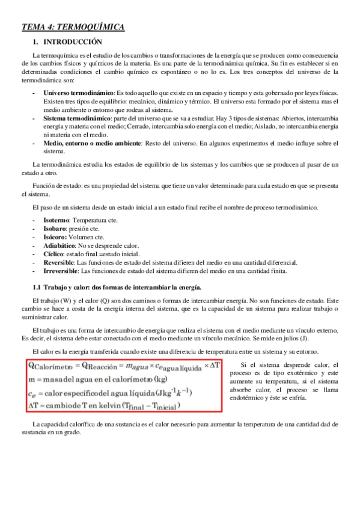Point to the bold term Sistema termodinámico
76,119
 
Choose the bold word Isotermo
56,221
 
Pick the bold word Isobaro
55,229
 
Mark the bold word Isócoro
56,237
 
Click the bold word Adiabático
59,245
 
